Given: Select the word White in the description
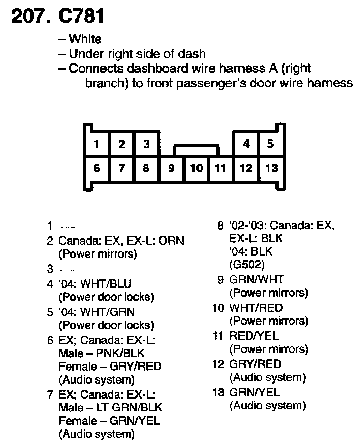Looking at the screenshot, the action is click(85, 39).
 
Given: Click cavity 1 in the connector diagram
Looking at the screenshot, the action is click(97, 144).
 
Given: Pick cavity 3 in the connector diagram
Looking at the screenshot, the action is click(146, 144).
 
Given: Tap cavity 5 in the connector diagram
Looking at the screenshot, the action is click(270, 144).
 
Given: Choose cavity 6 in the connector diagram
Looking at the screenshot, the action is click(97, 168).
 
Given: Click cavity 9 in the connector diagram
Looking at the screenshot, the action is click(172, 168).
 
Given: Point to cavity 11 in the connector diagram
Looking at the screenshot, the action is click(221, 168).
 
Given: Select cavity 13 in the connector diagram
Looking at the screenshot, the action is click(271, 168).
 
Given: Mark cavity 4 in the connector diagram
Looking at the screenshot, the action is click(246, 144).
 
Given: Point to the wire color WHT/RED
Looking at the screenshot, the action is click(256, 308).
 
